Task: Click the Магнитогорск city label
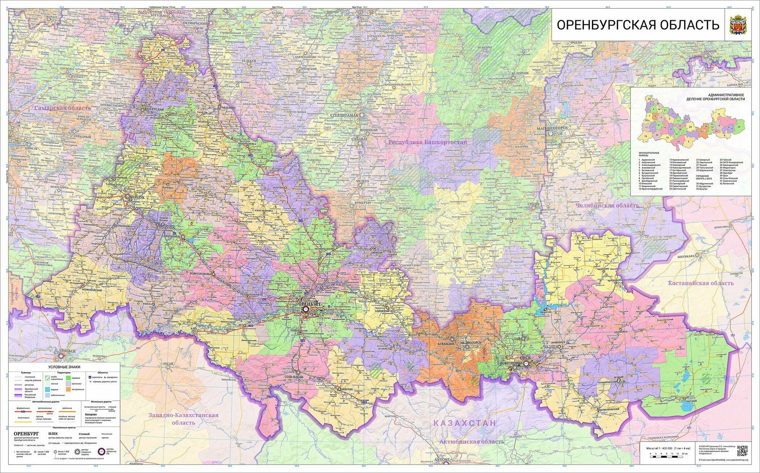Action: pos(553,128)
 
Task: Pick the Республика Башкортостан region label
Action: pos(427,142)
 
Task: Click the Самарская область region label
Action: pos(63,108)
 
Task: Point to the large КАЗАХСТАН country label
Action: pos(465,423)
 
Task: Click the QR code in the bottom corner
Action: pos(742,451)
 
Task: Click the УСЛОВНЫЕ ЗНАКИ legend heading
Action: pos(64,367)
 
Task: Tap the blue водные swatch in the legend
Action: pos(47,389)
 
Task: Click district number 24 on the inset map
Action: pos(739,127)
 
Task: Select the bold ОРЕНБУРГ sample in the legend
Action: pos(26,433)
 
